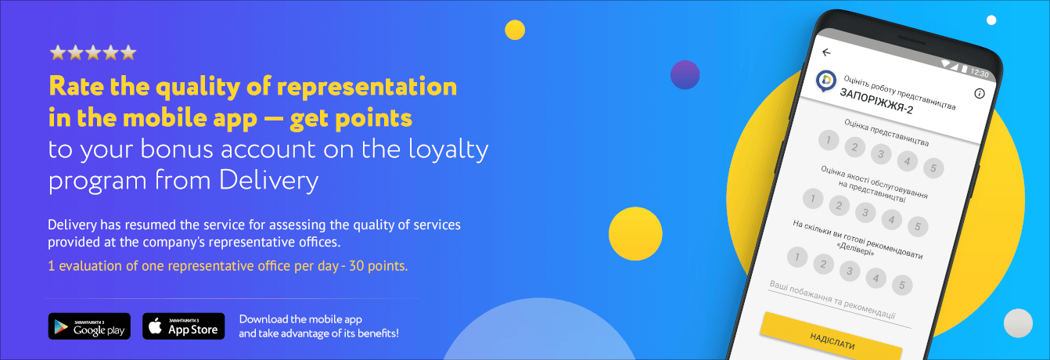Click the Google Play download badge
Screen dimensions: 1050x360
[x=89, y=326]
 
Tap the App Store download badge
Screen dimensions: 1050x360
[x=184, y=326]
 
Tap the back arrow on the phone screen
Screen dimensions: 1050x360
[x=826, y=52]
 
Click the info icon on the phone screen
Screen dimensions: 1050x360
[x=980, y=94]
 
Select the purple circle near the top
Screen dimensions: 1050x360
[x=685, y=74]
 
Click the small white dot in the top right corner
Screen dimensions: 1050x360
[x=991, y=20]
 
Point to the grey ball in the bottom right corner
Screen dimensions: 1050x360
[x=1018, y=323]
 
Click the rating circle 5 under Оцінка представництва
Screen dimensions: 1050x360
[x=933, y=167]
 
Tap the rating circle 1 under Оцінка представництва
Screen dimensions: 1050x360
[x=829, y=140]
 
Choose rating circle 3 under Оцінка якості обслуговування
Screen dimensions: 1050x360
[x=865, y=212]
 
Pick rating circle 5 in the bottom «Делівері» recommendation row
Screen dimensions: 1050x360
[x=902, y=285]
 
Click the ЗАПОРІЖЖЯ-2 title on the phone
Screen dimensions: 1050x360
[x=876, y=101]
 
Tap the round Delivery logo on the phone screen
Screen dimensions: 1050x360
[x=826, y=81]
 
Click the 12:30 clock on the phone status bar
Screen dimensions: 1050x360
[x=980, y=73]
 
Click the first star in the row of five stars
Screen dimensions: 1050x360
[x=58, y=52]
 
